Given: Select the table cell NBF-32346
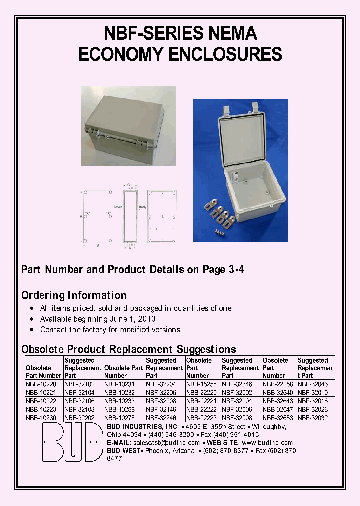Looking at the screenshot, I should point(238,385).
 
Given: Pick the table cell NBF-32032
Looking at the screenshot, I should point(313,418).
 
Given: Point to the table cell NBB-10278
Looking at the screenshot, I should point(119,418).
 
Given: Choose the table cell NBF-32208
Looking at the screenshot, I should point(161,401).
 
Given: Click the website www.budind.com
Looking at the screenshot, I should point(267,443).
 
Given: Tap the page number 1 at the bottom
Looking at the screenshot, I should point(180,471).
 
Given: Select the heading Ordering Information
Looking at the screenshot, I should point(74,295).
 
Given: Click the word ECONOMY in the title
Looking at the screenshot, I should point(121,54).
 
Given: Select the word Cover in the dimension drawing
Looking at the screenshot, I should point(118,206).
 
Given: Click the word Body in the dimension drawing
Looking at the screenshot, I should point(143,206).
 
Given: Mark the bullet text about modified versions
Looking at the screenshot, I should point(110,330).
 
